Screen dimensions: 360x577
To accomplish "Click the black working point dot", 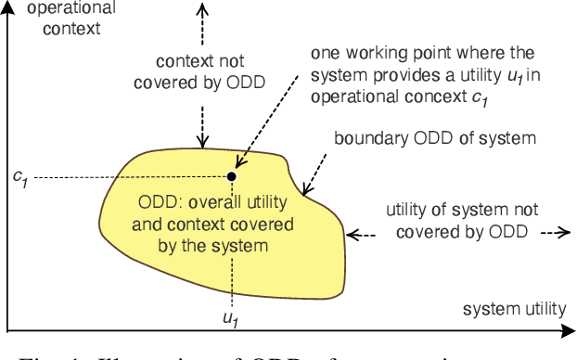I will [x=232, y=175].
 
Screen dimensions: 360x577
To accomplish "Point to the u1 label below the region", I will [x=230, y=317].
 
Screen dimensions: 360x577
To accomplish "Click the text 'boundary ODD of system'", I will [x=435, y=138].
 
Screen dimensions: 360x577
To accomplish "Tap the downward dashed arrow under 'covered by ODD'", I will [x=201, y=124].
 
